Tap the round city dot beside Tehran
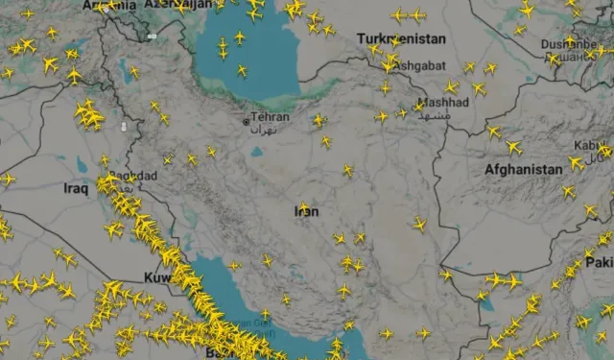[x=247, y=123]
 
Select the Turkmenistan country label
[x=401, y=38]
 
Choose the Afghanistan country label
[x=523, y=169]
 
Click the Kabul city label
[x=585, y=146]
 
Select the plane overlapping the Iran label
[x=304, y=207]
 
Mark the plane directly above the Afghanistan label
[x=513, y=147]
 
